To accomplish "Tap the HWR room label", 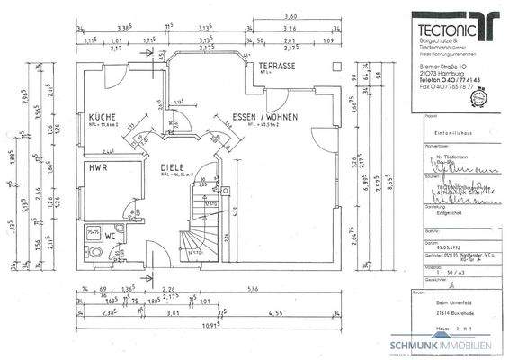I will pyautogui.click(x=97, y=168).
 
